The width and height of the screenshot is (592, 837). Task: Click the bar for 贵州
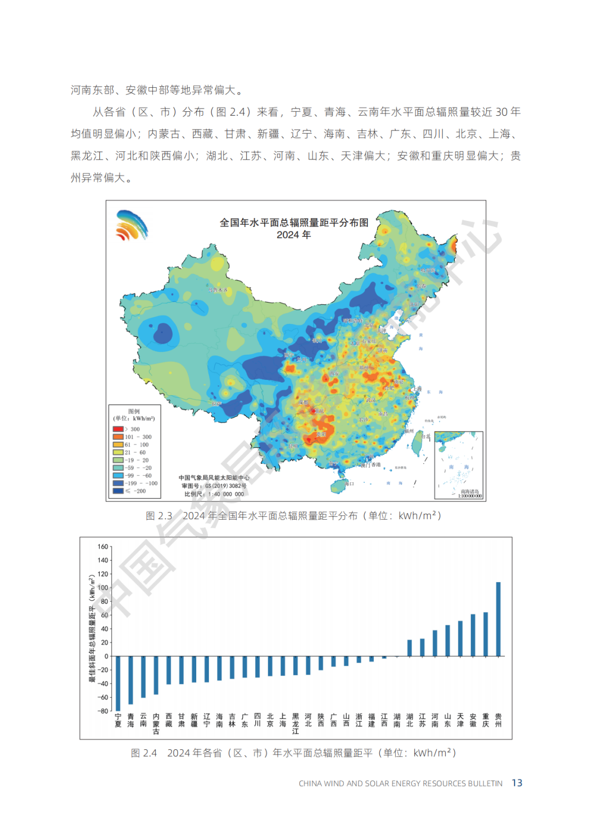point(498,619)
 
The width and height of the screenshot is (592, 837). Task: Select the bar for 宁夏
point(118,683)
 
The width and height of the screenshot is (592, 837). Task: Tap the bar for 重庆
point(486,634)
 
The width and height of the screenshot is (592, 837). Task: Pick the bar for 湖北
point(409,648)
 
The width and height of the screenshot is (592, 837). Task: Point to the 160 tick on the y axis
point(103,546)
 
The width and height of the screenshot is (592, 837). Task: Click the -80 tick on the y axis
point(103,711)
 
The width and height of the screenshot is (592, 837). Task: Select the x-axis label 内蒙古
point(156,724)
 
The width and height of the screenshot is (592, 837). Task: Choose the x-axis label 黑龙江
point(295,724)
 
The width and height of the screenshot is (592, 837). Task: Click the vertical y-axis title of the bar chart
point(93,628)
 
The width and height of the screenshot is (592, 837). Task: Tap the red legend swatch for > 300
point(118,429)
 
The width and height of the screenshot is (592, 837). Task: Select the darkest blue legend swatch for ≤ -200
point(118,491)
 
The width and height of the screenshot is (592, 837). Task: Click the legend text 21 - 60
point(135,453)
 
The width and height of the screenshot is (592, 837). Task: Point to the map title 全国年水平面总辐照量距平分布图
point(294,223)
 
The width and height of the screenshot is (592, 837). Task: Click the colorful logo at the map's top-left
point(132,225)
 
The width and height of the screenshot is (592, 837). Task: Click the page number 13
point(517,783)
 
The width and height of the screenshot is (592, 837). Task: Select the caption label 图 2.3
point(159,516)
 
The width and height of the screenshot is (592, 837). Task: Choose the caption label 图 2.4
point(144,753)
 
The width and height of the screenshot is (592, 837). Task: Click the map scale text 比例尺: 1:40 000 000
point(214,494)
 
